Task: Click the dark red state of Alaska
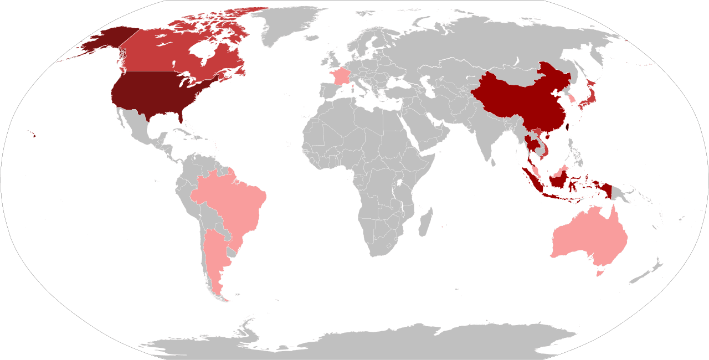102,42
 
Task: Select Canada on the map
166,55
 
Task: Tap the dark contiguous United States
150,94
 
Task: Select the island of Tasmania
598,272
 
